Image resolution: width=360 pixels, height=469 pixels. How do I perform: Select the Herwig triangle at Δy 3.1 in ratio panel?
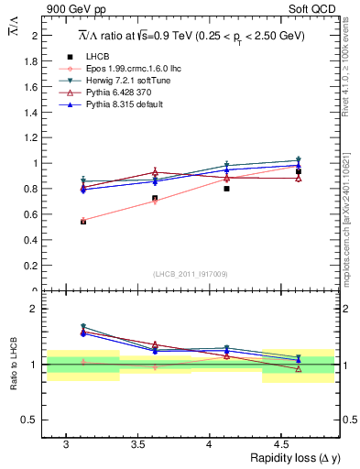pyautogui.click(x=83, y=327)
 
